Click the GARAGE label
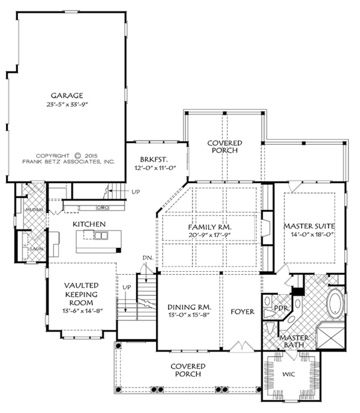click(x=67, y=95)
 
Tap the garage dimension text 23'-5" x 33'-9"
click(x=67, y=104)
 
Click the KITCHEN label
click(x=89, y=224)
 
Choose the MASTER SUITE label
click(x=308, y=226)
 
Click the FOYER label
click(x=242, y=312)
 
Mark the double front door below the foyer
click(x=242, y=347)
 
